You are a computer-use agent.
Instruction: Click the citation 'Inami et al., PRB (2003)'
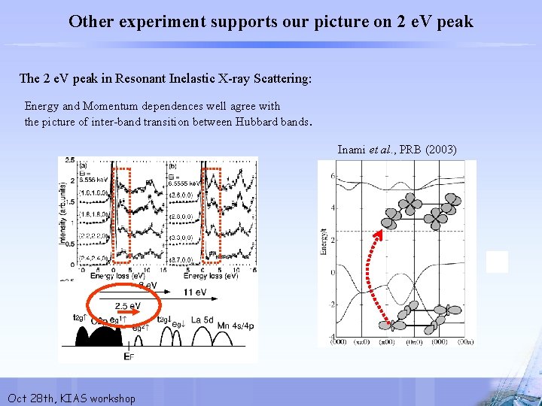tap(397, 150)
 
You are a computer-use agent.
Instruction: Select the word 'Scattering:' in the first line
tap(282, 78)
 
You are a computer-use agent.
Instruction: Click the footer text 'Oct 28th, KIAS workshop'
tap(71, 398)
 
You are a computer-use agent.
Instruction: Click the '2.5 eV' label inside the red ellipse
tap(127, 306)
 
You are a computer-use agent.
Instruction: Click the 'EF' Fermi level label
tap(129, 356)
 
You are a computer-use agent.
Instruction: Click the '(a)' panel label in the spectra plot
tap(82, 165)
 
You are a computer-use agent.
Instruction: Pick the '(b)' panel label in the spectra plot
tap(173, 165)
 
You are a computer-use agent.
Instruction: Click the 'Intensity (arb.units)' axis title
tap(62, 214)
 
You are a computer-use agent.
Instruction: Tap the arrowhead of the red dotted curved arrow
tap(379, 235)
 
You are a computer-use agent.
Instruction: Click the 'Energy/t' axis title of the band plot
tap(323, 241)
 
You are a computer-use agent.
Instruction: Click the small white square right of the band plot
tap(497, 262)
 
